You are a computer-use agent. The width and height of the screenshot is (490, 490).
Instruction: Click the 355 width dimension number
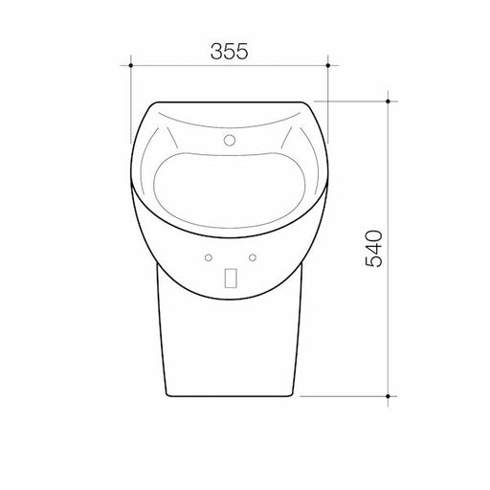tap(230, 53)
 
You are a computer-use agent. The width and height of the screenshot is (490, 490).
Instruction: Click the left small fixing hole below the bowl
tap(207, 257)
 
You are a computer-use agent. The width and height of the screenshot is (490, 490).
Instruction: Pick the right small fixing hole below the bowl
tap(253, 257)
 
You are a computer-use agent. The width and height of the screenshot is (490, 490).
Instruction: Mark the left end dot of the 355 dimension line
tap(131, 66)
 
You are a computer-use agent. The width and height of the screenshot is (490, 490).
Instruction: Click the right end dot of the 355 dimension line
tap(328, 66)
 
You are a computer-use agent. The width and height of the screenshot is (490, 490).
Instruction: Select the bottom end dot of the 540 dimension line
tap(388, 394)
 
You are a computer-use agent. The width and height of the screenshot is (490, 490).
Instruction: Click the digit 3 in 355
tap(214, 53)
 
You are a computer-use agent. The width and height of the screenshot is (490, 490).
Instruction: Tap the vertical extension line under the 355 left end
tap(131, 105)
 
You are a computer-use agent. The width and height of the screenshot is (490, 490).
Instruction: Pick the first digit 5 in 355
tap(230, 53)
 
